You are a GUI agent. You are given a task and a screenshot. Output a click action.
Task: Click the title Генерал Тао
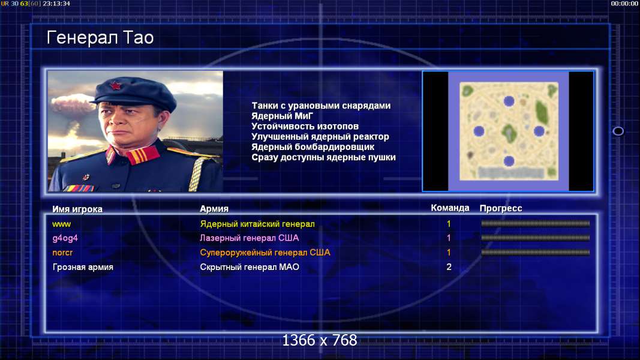[x=100, y=38]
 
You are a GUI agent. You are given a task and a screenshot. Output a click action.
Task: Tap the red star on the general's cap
[x=116, y=86]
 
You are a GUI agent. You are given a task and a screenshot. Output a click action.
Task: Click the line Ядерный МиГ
[x=282, y=116]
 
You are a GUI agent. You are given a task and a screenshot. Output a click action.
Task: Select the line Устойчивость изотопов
[x=305, y=126]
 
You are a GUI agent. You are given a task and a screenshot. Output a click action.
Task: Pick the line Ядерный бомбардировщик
[x=313, y=146]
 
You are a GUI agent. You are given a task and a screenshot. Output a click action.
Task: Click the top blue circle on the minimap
[x=509, y=101]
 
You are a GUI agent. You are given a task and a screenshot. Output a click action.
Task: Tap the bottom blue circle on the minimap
[x=509, y=161]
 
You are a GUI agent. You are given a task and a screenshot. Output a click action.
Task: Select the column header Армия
[x=214, y=209]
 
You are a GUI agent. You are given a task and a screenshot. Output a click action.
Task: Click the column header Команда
[x=450, y=208]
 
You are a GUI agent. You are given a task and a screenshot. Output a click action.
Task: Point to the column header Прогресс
[x=501, y=208]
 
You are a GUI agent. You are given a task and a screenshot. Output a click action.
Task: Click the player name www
[x=62, y=224]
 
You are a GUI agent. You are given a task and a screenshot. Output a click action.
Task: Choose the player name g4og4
[x=65, y=238]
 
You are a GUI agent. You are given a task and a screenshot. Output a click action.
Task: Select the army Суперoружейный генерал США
[x=265, y=252]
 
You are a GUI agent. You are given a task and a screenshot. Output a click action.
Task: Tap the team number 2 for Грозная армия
[x=449, y=267]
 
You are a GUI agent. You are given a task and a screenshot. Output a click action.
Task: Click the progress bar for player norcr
[x=536, y=252]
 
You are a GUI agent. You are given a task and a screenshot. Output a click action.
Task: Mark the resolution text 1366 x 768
[x=320, y=340]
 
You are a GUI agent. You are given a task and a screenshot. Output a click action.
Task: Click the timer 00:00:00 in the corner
[x=624, y=3]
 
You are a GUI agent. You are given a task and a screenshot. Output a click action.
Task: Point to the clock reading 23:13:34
[x=56, y=3]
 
